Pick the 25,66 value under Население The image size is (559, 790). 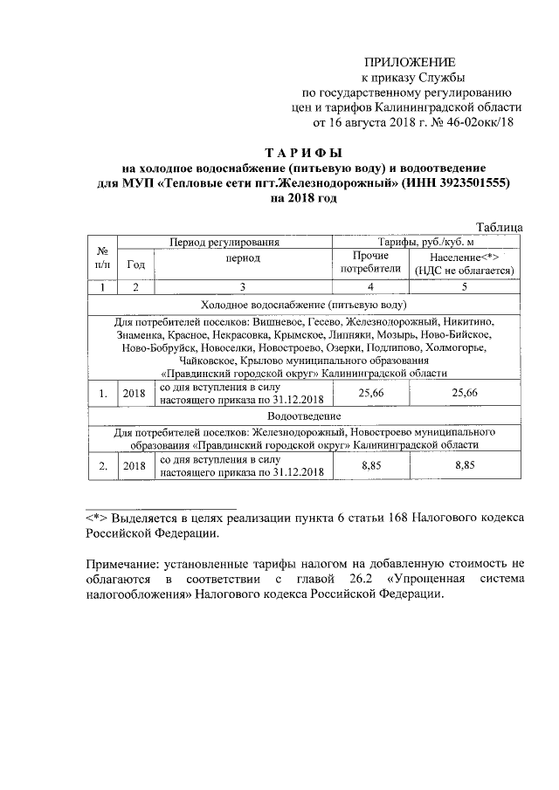tap(464, 394)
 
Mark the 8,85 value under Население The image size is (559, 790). tap(464, 466)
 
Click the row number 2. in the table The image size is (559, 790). tap(102, 466)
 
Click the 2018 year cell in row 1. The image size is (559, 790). tap(135, 394)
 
